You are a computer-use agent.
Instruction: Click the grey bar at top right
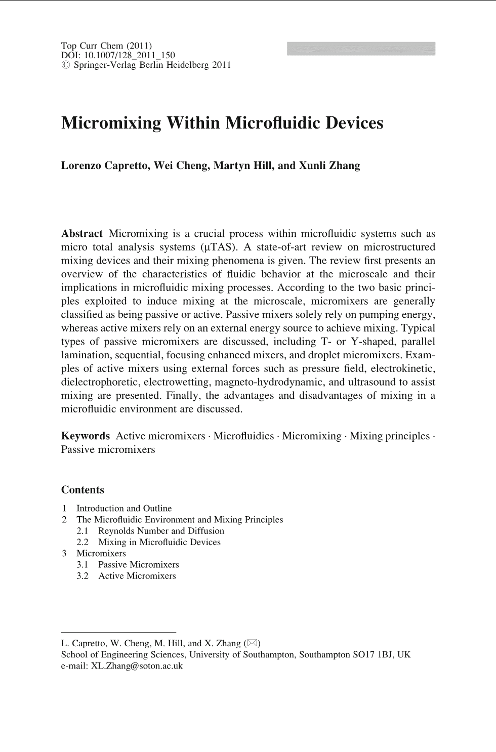[361, 49]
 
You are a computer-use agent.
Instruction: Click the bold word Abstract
[81, 234]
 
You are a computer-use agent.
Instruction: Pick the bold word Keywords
[85, 436]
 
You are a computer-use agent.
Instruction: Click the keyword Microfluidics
[243, 436]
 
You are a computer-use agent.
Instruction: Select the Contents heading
[82, 490]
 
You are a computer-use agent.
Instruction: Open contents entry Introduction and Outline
[124, 508]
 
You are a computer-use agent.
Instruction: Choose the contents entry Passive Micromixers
[138, 564]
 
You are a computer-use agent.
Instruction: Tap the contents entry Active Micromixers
[137, 576]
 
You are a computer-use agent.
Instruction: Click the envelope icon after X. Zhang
[252, 643]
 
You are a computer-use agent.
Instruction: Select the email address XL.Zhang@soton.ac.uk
[137, 666]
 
